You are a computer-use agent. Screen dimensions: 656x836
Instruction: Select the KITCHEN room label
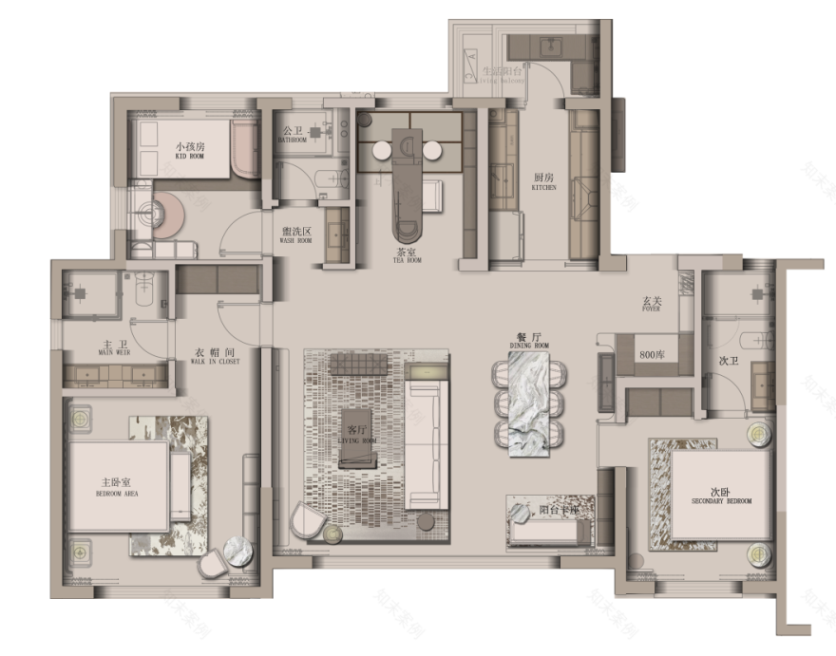tap(544, 181)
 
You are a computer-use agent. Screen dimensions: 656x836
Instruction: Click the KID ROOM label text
tap(190, 150)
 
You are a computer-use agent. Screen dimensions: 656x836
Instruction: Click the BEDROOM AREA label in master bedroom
tap(119, 486)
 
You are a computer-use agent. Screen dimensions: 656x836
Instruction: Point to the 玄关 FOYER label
tap(652, 303)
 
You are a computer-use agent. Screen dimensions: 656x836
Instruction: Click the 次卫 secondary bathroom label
tap(729, 361)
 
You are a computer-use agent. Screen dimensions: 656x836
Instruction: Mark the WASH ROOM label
tap(296, 234)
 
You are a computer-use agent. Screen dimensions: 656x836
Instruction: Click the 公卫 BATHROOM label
tap(293, 135)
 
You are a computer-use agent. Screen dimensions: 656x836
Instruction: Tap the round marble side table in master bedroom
tap(237, 552)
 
